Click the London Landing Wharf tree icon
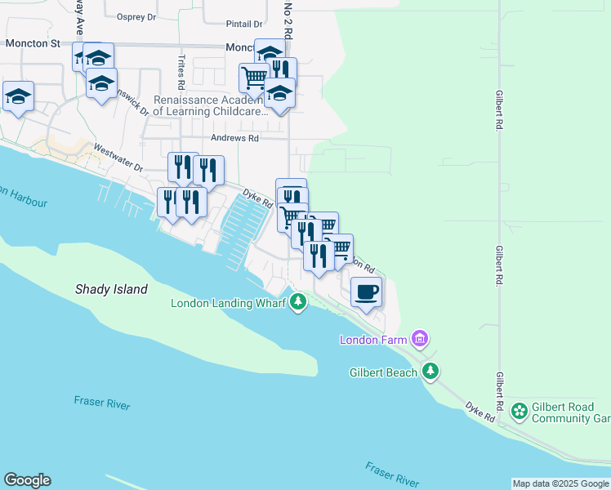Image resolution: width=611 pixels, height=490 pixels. (299, 303)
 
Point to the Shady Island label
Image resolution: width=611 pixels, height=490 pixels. (111, 289)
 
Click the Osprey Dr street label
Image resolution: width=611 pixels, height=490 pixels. (136, 16)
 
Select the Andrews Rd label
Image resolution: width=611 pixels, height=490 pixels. (234, 138)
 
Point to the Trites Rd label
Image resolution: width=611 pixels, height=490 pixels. (181, 72)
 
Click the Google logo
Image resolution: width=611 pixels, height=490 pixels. (27, 480)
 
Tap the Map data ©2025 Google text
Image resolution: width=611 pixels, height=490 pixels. (560, 483)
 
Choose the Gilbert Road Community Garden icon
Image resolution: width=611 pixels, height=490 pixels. (518, 411)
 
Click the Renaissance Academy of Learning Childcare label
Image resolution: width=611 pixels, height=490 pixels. (211, 105)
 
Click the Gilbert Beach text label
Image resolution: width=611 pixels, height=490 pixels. (384, 372)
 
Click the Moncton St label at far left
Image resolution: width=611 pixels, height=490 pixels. (33, 42)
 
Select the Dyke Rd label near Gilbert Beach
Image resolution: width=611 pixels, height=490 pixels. (480, 411)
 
